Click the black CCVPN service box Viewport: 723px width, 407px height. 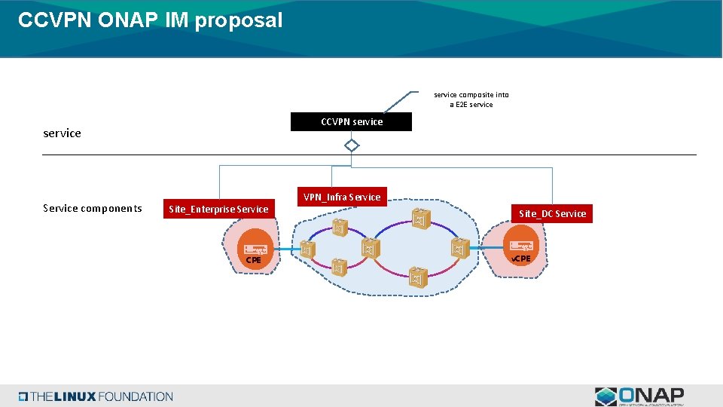[351, 121]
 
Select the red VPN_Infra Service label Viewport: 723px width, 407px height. [342, 197]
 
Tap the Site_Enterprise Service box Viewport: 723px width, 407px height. [218, 209]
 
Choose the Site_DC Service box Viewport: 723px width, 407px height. [552, 213]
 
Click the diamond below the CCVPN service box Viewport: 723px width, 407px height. [351, 145]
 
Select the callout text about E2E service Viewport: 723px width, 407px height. [471, 99]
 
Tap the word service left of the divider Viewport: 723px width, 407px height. [62, 133]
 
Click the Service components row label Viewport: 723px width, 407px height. [93, 208]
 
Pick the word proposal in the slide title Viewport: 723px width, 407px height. [238, 20]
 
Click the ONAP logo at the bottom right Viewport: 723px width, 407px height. [639, 396]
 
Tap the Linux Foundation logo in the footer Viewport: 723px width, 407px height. [96, 396]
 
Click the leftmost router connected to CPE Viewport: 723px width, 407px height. [307, 249]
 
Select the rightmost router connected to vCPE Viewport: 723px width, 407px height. [459, 249]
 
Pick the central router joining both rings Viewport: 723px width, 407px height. [368, 249]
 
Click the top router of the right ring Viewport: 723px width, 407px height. [420, 219]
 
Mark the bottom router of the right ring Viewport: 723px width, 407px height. [418, 277]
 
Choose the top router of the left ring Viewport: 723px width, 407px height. [339, 226]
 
